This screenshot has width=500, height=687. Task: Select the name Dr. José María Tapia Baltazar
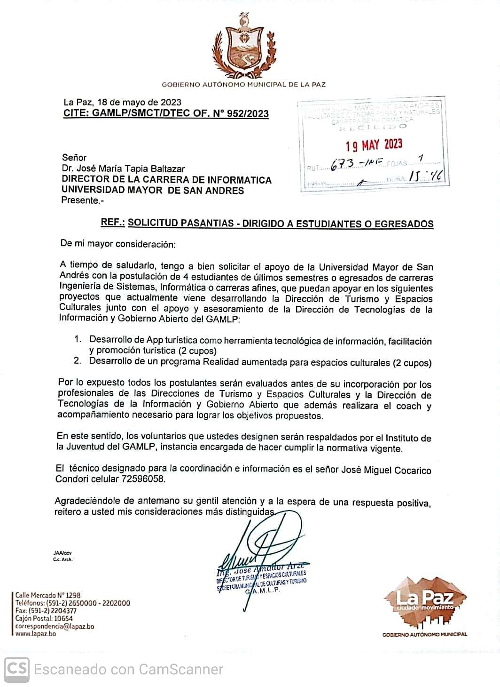(x=123, y=168)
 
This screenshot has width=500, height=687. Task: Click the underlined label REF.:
(x=113, y=223)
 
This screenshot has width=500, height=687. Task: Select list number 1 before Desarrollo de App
(x=78, y=339)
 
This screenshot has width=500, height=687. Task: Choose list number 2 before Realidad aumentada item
(x=78, y=361)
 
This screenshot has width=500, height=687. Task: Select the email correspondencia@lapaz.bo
(x=55, y=626)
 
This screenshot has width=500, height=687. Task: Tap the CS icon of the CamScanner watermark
(x=17, y=669)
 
